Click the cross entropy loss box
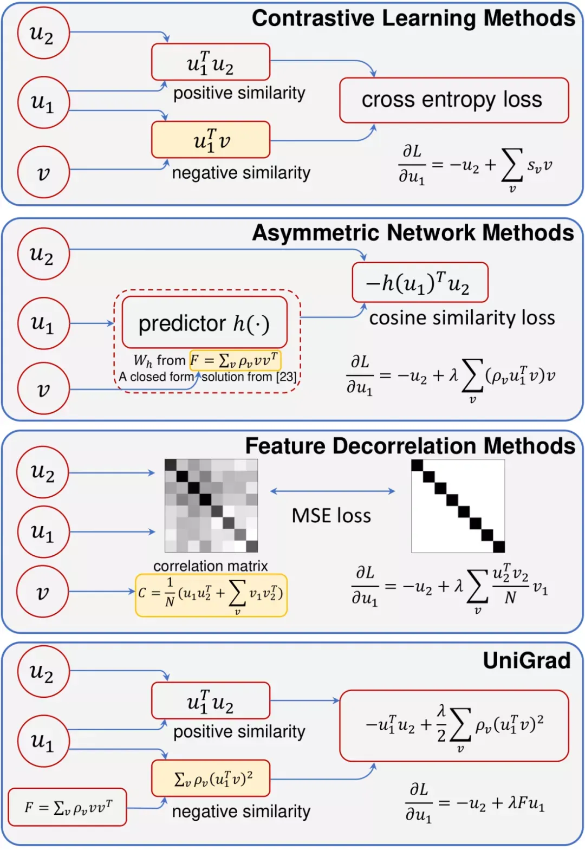454,100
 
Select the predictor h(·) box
205,322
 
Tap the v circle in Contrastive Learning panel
44,172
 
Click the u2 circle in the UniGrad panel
44,672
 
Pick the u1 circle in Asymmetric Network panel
44,323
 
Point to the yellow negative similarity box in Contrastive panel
211,140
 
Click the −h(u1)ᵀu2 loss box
420,282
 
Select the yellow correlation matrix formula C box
211,595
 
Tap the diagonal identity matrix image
458,506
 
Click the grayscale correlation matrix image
211,506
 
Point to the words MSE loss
331,516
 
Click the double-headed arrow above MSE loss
333,491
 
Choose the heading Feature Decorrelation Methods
410,445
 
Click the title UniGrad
526,660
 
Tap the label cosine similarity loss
462,318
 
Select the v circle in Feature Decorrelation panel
42,592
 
